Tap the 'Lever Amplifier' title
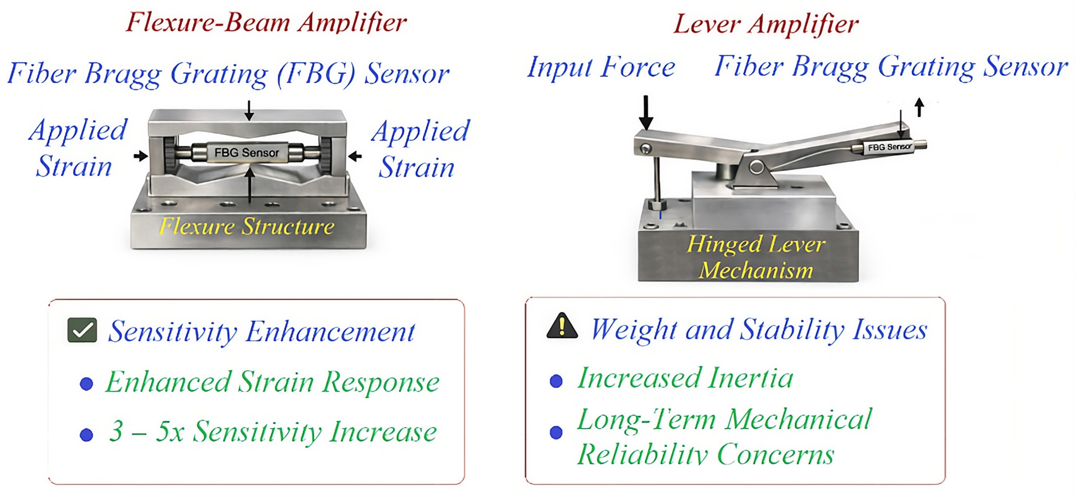[x=766, y=24]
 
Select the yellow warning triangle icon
[x=562, y=327]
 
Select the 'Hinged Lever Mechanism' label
[x=756, y=257]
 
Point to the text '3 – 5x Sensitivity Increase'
[x=273, y=431]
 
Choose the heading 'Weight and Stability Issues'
[x=759, y=330]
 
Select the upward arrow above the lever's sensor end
[x=919, y=107]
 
